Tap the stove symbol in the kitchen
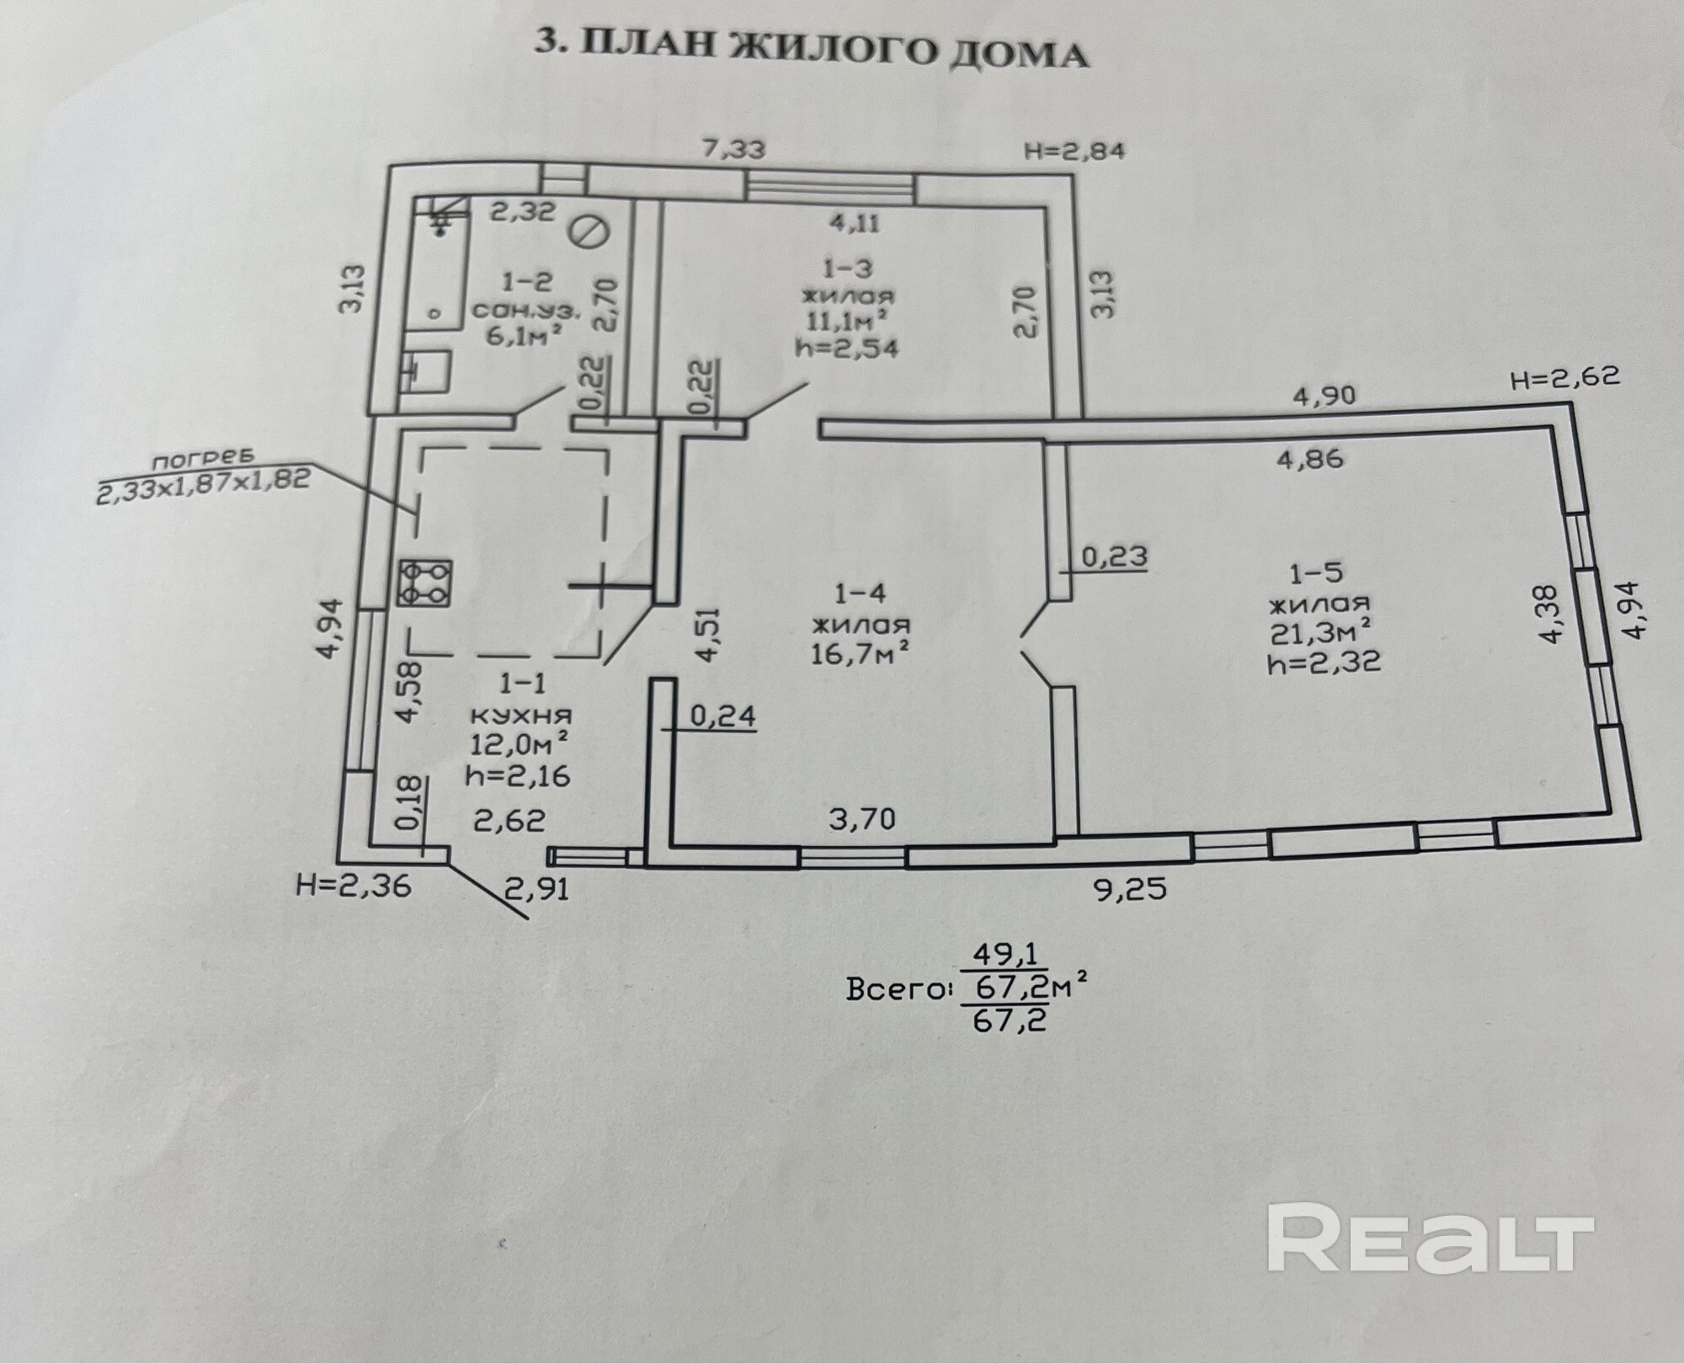424,583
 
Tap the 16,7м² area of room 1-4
860,653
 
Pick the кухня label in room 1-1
519,717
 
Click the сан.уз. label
526,310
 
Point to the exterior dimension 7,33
734,150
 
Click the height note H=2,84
1074,152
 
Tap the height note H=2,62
1565,377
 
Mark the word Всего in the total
894,990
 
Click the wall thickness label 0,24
722,716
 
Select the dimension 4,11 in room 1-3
855,223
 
